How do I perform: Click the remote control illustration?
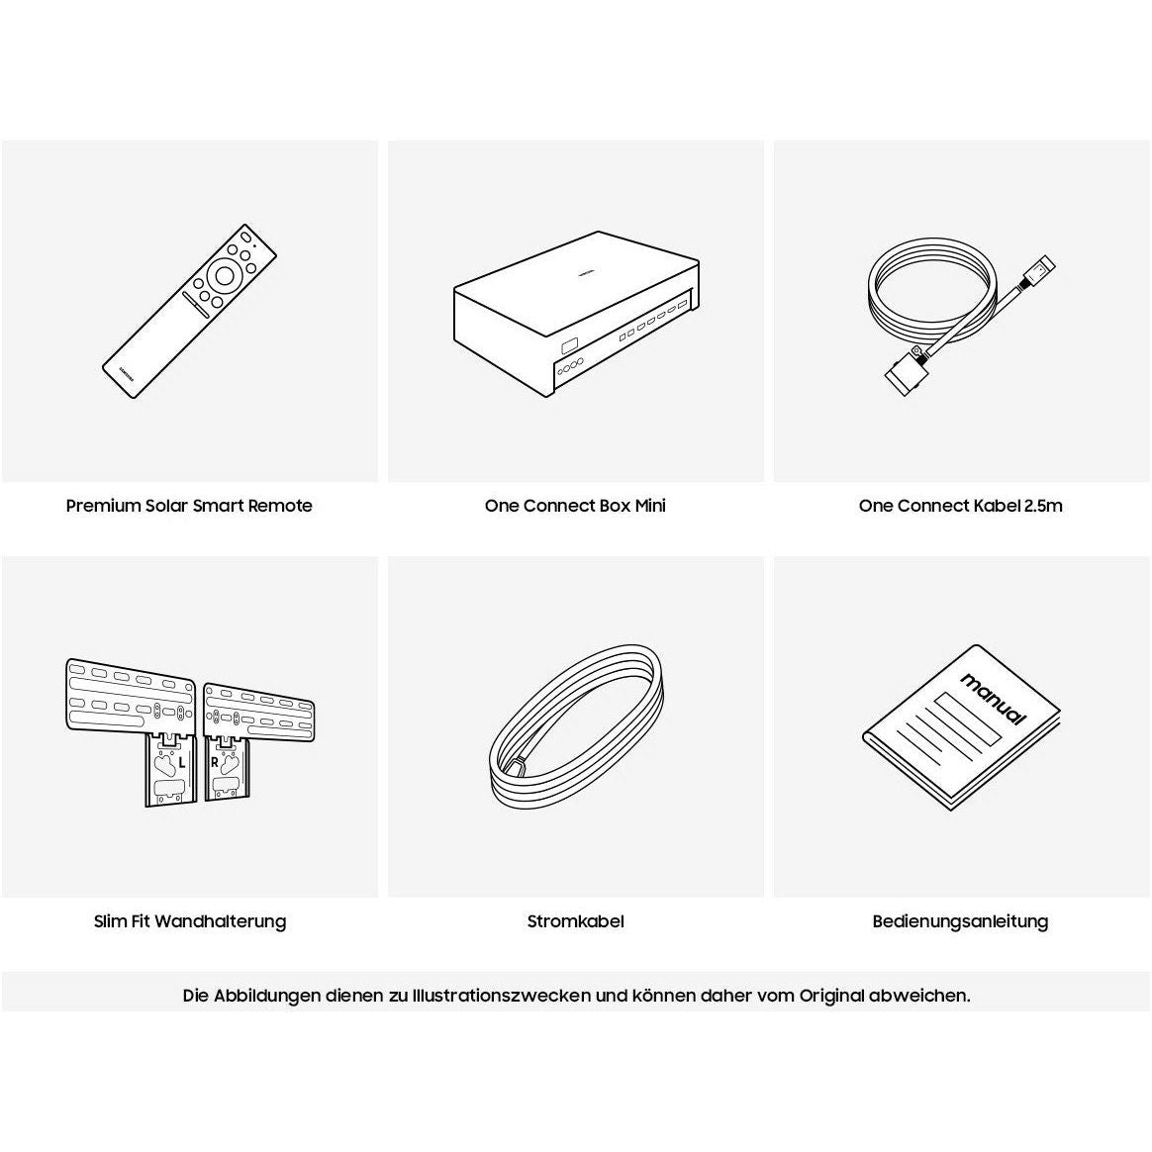click(x=190, y=311)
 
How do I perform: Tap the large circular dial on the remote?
click(x=224, y=276)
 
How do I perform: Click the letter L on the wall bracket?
click(x=182, y=764)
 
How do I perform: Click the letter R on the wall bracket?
click(x=215, y=763)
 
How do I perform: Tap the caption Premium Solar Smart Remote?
click(x=189, y=506)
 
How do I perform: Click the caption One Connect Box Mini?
click(x=575, y=506)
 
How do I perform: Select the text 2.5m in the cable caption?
click(x=1043, y=506)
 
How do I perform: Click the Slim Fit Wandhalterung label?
click(x=190, y=921)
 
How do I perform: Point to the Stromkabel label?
click(x=575, y=921)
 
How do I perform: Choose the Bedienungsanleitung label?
click(x=960, y=921)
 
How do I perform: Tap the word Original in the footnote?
click(x=831, y=997)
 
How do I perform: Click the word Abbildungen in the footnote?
click(x=267, y=997)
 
